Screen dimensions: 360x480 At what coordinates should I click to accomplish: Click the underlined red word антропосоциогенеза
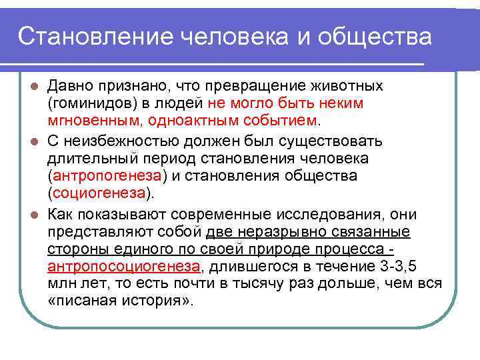(x=123, y=266)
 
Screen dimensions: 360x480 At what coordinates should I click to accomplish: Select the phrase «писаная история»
(x=120, y=301)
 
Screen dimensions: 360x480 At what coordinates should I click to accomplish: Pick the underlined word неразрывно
(x=278, y=231)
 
